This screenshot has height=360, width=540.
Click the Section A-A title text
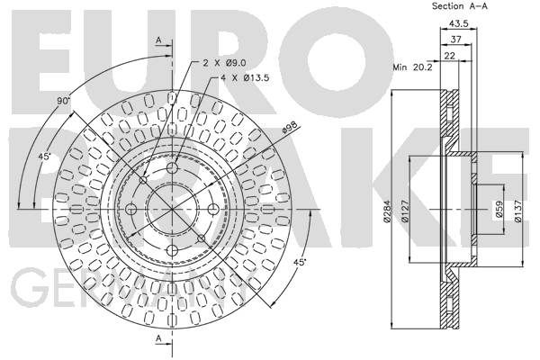point(460,6)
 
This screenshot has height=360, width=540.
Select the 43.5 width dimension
point(459,23)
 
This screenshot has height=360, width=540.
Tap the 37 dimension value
point(456,40)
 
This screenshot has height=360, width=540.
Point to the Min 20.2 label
point(412,67)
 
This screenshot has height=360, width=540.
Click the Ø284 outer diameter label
point(387,211)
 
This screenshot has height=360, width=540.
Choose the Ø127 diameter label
point(405,211)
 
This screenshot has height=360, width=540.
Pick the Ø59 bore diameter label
point(499,210)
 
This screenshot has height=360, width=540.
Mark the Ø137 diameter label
point(518,211)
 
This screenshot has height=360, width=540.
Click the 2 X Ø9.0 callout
point(224,63)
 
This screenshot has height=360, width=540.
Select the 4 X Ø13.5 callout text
point(245,78)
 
